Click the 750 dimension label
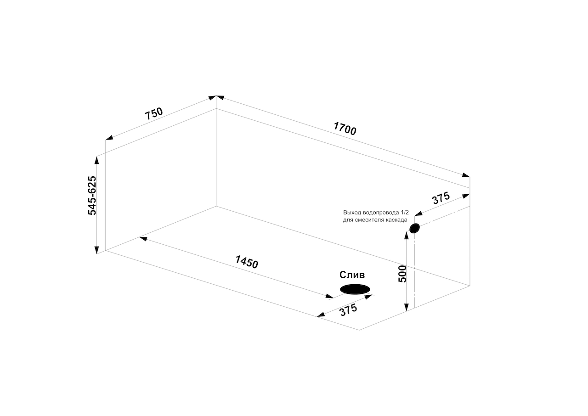point(154,113)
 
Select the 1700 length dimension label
point(345,129)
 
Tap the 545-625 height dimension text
point(92,196)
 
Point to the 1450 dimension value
point(247,262)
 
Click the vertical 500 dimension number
point(402,274)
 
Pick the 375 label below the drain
point(348,310)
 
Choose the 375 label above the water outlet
point(441,198)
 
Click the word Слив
point(352,275)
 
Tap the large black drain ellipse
point(355,289)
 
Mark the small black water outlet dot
point(414,228)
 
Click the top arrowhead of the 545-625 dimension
point(96,160)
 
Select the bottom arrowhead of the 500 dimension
point(407,307)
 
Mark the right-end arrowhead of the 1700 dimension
point(466,175)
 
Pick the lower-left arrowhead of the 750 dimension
point(109,138)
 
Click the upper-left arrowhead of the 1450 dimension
point(143,238)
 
